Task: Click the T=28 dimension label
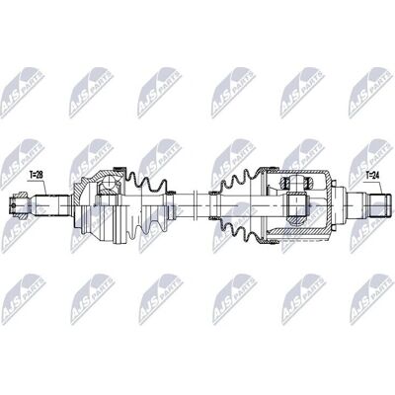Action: click(x=37, y=175)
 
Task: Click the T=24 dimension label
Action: click(x=373, y=175)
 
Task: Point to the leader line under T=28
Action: click(x=44, y=187)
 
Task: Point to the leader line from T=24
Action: click(x=381, y=187)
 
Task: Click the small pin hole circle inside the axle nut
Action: click(x=14, y=205)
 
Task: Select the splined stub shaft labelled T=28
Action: click(x=52, y=205)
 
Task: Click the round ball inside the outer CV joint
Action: click(x=109, y=182)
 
